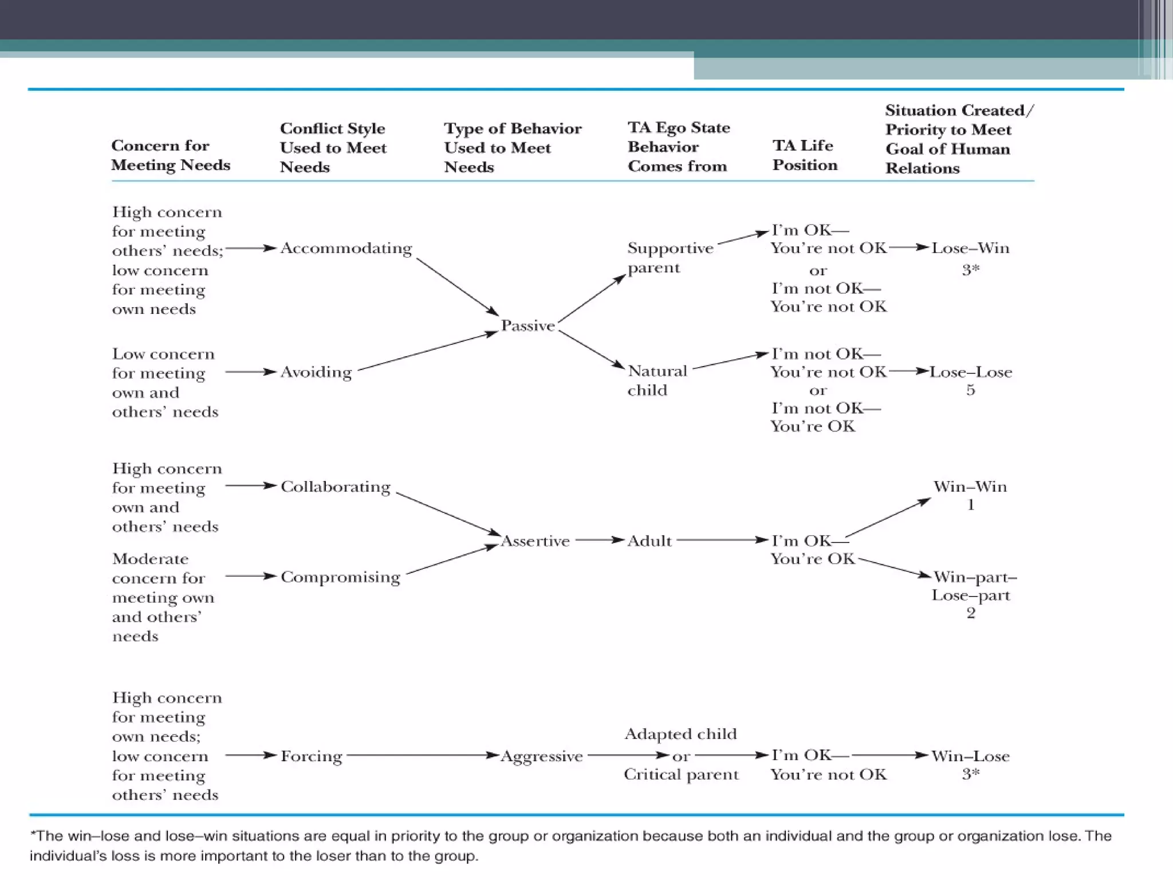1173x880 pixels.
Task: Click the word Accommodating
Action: pyautogui.click(x=346, y=249)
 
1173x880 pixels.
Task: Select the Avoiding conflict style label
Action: pyautogui.click(x=316, y=372)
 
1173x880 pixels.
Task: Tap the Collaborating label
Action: pyautogui.click(x=335, y=486)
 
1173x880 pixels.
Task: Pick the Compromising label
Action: pyautogui.click(x=340, y=577)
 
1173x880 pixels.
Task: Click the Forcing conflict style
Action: pyautogui.click(x=311, y=756)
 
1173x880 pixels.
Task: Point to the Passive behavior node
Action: pyautogui.click(x=528, y=325)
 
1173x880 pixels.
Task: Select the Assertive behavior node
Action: pyautogui.click(x=535, y=541)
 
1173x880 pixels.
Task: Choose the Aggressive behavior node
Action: pyautogui.click(x=541, y=756)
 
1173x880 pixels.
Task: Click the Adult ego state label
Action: pyautogui.click(x=649, y=541)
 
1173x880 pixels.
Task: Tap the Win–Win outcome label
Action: pyautogui.click(x=970, y=486)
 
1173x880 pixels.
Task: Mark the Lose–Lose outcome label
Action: pyautogui.click(x=970, y=372)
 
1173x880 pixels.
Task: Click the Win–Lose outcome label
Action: pyautogui.click(x=970, y=756)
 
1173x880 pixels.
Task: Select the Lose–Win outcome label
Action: pyautogui.click(x=970, y=248)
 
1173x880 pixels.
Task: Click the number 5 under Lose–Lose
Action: pyautogui.click(x=970, y=390)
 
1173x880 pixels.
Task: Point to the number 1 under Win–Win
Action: pyautogui.click(x=970, y=505)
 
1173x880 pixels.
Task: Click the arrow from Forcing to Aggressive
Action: pyautogui.click(x=421, y=756)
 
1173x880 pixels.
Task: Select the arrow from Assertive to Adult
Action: pyautogui.click(x=599, y=540)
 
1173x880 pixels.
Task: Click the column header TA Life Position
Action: pyautogui.click(x=804, y=155)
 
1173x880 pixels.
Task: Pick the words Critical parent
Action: pyautogui.click(x=681, y=775)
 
